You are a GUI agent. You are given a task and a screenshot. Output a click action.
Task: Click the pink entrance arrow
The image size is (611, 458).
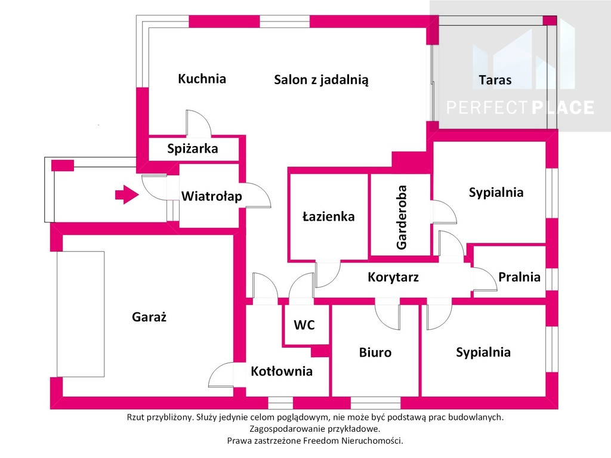[127, 194]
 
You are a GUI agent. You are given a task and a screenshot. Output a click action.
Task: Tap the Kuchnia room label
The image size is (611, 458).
[202, 79]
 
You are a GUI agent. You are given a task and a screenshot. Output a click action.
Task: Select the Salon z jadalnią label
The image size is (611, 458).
[321, 80]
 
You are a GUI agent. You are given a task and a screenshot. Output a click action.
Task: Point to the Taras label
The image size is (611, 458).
[495, 80]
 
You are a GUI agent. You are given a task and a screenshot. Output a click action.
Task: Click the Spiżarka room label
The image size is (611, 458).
[193, 148]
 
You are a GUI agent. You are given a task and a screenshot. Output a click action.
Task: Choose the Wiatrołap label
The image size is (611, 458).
[212, 196]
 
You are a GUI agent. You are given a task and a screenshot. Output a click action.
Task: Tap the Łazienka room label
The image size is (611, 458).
[329, 216]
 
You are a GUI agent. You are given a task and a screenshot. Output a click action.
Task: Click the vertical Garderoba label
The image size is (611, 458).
[401, 217]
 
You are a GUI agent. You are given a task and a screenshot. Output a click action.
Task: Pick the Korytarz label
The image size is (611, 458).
[393, 277]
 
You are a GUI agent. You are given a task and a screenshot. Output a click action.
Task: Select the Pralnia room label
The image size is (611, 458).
[520, 277]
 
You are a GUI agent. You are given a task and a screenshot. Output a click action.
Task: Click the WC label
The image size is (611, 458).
[304, 325]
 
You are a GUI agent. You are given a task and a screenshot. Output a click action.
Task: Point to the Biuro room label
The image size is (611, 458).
[375, 352]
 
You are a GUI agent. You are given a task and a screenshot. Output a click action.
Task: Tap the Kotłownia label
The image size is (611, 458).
[282, 371]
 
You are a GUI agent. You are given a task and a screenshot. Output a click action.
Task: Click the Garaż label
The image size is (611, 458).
[149, 317]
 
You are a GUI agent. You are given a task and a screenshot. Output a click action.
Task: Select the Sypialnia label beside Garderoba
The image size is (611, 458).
[496, 193]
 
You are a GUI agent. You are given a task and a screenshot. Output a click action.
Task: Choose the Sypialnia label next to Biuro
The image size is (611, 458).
[483, 352]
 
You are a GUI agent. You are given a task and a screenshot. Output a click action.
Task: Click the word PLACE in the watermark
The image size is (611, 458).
[563, 107]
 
